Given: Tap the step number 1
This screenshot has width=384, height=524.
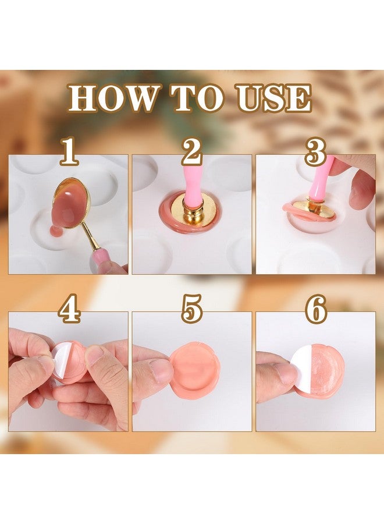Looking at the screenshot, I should click(x=68, y=153).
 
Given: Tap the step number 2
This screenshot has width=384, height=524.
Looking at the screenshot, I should click(x=191, y=153).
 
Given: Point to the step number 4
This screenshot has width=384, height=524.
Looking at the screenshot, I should click(x=69, y=310).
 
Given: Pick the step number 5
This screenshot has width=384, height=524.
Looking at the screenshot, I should click(x=192, y=310).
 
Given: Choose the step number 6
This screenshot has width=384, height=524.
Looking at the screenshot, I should click(x=316, y=310).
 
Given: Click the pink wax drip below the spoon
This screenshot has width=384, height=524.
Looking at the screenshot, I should click(x=55, y=232).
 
